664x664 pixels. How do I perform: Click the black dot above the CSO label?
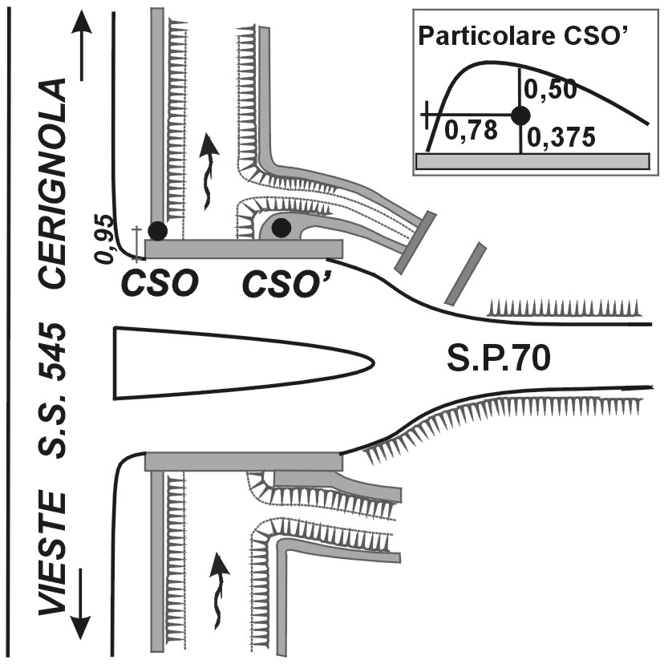click(x=158, y=231)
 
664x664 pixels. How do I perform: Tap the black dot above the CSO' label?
click(x=281, y=228)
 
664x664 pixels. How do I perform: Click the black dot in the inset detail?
click(x=520, y=115)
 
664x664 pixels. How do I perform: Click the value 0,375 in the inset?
click(x=561, y=138)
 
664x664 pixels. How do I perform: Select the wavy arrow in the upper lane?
click(x=209, y=169)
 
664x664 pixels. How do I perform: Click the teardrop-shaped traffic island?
click(x=241, y=362)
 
